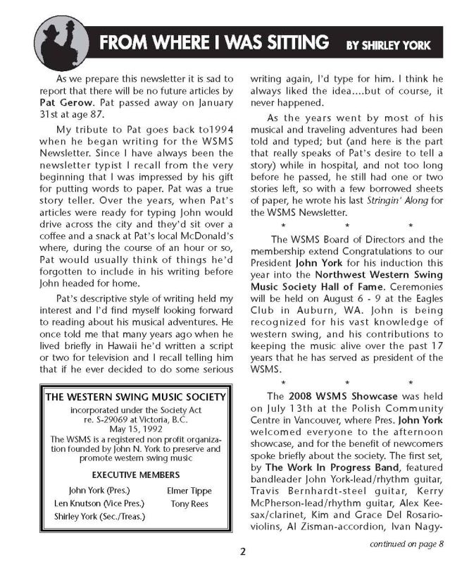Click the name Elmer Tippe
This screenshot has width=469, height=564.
pyautogui.click(x=190, y=491)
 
